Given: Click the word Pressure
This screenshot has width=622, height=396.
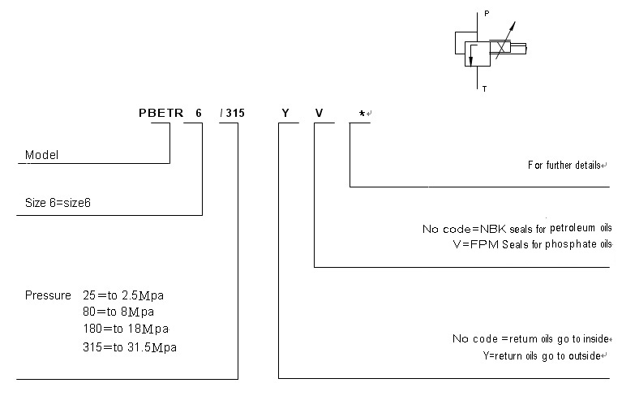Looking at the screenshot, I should click(x=47, y=295).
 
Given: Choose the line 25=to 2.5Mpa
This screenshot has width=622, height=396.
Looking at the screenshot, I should click(x=129, y=295).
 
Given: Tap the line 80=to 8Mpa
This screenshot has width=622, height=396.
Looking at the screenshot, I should click(x=124, y=312).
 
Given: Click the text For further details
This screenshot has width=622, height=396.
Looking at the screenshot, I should click(x=565, y=165).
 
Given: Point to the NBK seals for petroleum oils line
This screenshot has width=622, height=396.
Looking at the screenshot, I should click(x=517, y=228).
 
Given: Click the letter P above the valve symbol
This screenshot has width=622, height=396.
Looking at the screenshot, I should click(x=487, y=14).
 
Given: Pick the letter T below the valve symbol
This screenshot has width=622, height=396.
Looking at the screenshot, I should click(x=485, y=88).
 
